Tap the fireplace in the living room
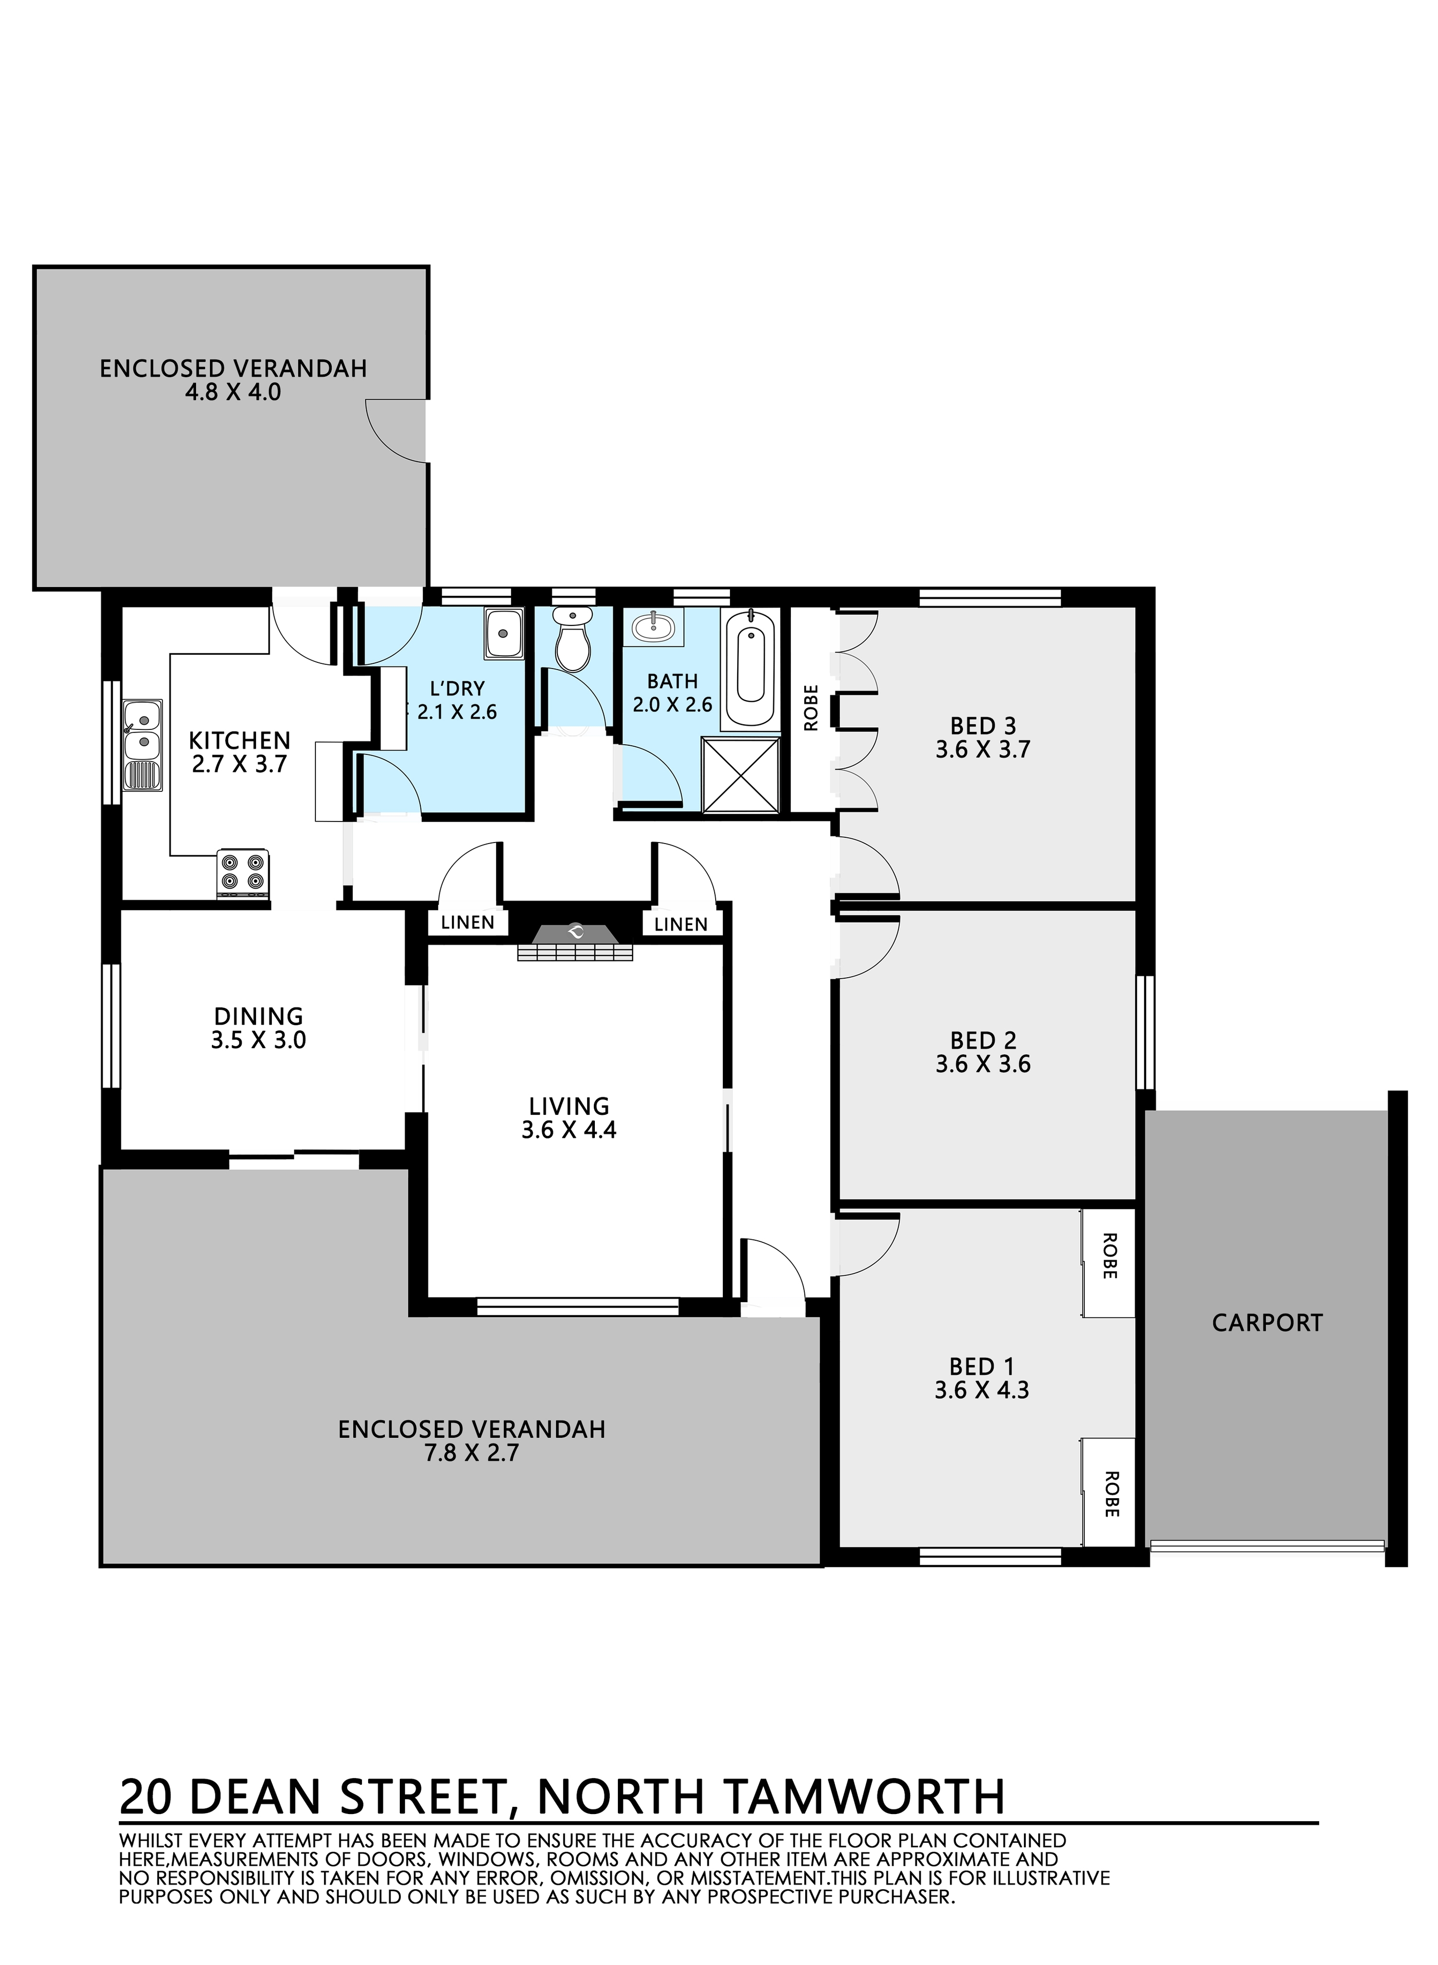574,942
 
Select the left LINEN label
467,922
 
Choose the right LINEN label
681,924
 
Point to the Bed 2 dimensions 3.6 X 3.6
983,1064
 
